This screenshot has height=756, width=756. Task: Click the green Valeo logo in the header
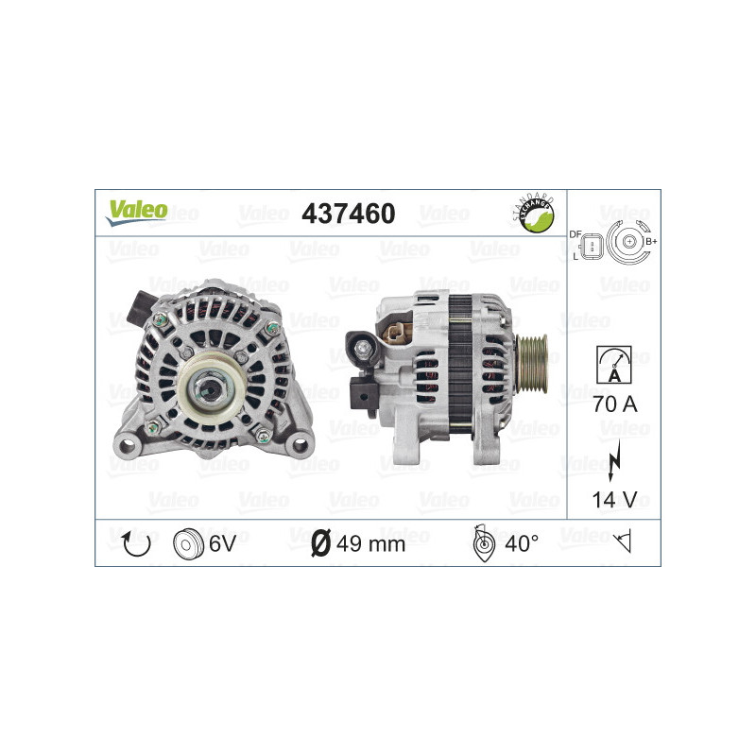pos(136,212)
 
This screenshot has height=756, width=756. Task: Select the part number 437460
pos(348,214)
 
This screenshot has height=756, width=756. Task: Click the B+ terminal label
pos(651,243)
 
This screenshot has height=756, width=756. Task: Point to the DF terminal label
pos(575,233)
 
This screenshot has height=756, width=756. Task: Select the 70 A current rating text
pos(613,405)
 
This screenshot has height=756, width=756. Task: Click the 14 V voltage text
pos(613,500)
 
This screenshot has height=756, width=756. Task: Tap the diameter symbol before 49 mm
pos(320,542)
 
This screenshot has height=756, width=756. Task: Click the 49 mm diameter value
pos(371,543)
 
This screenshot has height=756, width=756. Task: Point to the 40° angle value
pos(521,542)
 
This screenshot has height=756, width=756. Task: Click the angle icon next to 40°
pos(482,542)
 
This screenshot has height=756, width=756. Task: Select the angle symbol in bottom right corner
pos(621,542)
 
